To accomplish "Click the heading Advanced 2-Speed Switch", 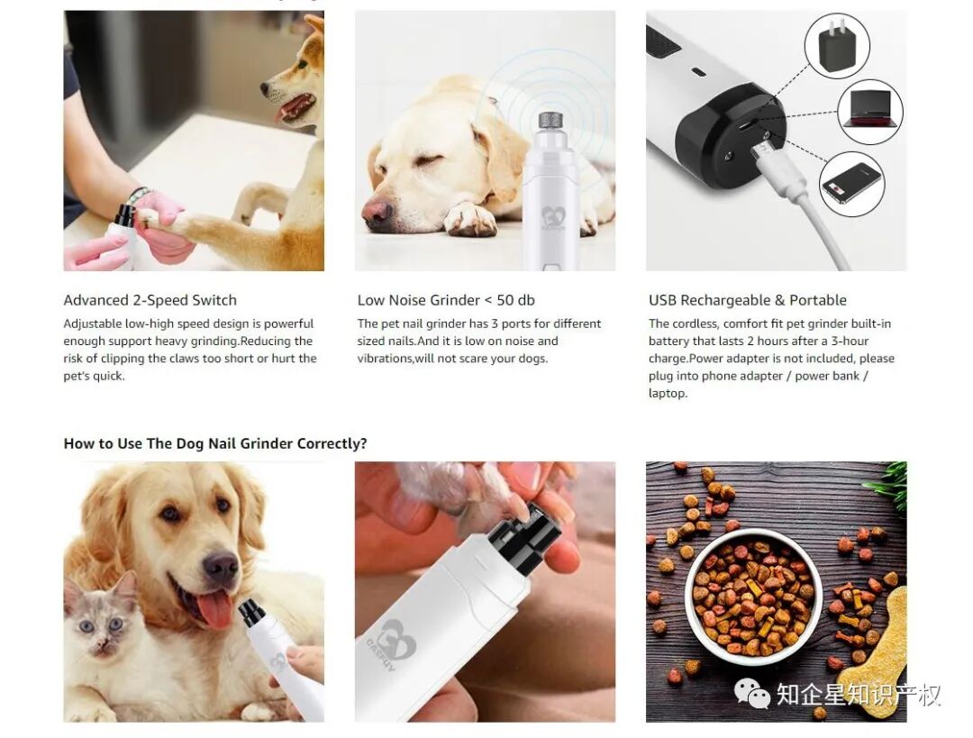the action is click(x=150, y=300).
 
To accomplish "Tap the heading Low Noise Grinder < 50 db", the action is click(x=446, y=300).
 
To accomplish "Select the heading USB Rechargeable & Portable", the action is click(x=747, y=300).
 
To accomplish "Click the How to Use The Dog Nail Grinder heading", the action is click(x=215, y=444).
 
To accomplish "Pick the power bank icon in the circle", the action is click(x=851, y=183).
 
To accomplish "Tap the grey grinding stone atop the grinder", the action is click(x=550, y=121).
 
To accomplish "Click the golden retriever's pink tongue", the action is click(x=215, y=609).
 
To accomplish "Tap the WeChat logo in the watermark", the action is click(x=752, y=693).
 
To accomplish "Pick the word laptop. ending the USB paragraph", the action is click(x=668, y=394).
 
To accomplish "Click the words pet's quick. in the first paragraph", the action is click(x=95, y=376).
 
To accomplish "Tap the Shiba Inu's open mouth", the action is click(x=296, y=106).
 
